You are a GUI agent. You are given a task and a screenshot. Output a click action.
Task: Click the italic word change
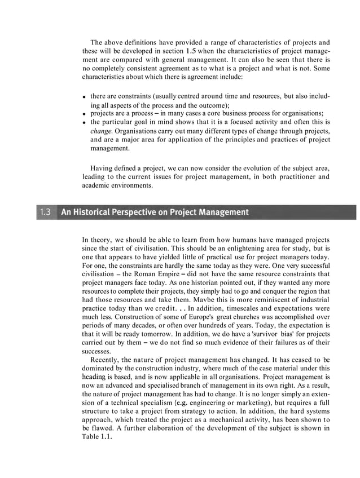pos(101,131)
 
